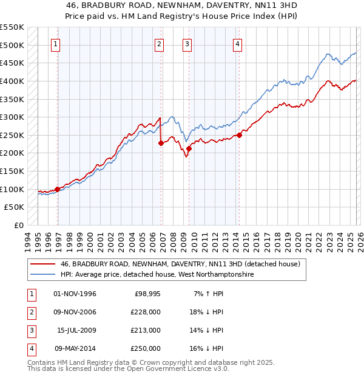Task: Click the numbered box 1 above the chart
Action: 55,44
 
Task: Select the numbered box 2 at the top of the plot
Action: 158,44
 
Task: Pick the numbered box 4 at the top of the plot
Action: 237,44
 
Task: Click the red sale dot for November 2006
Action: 161,144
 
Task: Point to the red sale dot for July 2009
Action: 189,148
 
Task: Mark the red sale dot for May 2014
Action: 239,135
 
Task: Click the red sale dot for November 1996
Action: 58,189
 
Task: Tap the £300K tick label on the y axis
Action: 12,117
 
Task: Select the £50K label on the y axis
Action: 15,207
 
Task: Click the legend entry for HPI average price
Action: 157,275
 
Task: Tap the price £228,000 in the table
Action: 146,312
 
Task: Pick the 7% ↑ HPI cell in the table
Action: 207,294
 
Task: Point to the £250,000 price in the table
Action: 146,348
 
